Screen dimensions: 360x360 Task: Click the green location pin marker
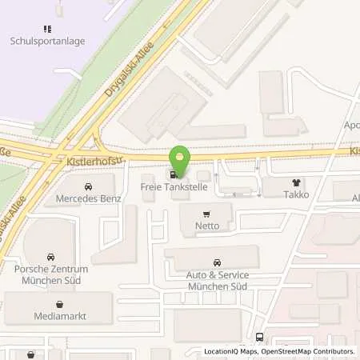pyautogui.click(x=182, y=160)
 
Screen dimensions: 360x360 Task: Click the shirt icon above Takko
pyautogui.click(x=298, y=182)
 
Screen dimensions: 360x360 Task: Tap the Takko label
pyautogui.click(x=298, y=194)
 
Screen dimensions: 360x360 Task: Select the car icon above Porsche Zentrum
pyautogui.click(x=50, y=257)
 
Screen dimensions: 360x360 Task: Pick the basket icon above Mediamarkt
pyautogui.click(x=60, y=304)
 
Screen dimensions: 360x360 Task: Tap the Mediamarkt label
pyautogui.click(x=60, y=316)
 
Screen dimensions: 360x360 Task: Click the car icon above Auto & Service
pyautogui.click(x=217, y=262)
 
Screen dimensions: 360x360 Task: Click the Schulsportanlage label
pyautogui.click(x=47, y=40)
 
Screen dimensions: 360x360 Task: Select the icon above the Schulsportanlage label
pyautogui.click(x=47, y=29)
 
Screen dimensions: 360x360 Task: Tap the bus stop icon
pyautogui.click(x=259, y=338)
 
